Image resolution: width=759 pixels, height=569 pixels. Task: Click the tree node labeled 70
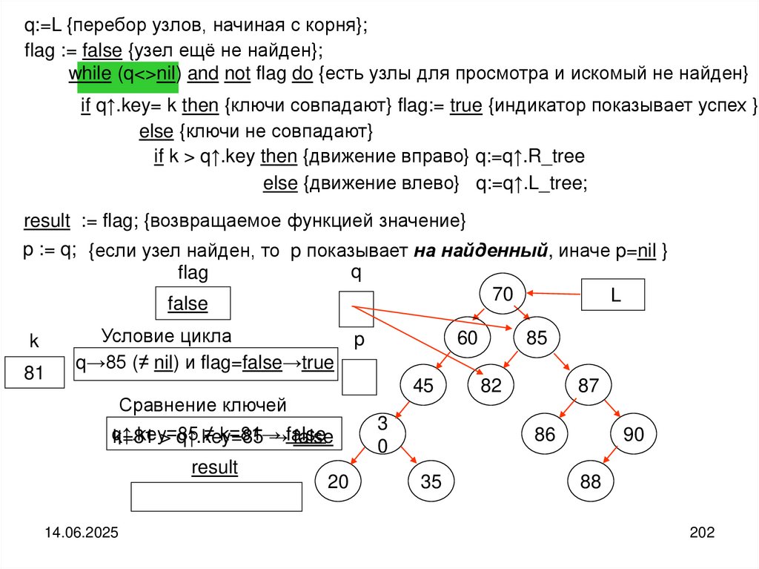coord(502,295)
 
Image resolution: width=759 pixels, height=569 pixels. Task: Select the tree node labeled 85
coord(536,338)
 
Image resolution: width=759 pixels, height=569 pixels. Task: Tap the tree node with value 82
coord(491,385)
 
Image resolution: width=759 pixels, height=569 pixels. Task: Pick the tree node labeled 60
coord(467,338)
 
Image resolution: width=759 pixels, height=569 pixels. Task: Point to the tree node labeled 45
coord(422,385)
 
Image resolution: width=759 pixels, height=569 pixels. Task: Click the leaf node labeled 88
coord(591,481)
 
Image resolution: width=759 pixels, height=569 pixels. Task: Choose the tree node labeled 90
coord(634,435)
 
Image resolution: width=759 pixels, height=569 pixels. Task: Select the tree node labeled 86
coord(545,435)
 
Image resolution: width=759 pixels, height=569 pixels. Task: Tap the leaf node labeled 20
coord(338,481)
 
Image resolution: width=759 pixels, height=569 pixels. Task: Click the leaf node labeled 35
coord(431,481)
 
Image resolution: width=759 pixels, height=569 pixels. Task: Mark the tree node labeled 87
coord(588,385)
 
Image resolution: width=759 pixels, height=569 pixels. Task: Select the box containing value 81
coord(34,373)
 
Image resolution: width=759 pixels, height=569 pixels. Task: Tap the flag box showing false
coord(192,303)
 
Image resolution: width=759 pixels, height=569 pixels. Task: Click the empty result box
coord(216,496)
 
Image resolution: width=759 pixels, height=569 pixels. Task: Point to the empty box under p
coord(359,376)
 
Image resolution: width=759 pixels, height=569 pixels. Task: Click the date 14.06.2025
coord(81,533)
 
